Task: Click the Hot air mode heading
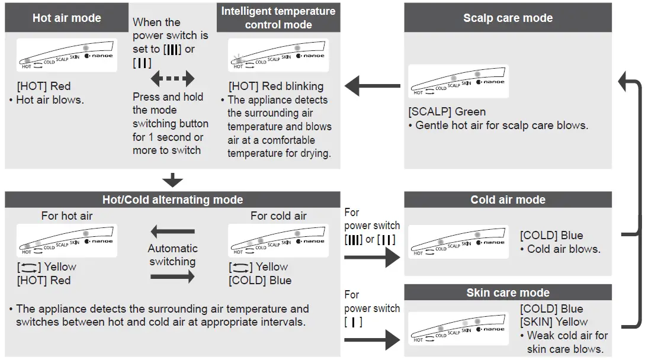tap(66, 18)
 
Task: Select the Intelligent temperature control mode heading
tap(278, 18)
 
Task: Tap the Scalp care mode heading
tap(508, 18)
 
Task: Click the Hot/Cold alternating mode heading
tap(172, 200)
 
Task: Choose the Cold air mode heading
tap(508, 200)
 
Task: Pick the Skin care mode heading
tap(508, 292)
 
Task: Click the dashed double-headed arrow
tap(172, 78)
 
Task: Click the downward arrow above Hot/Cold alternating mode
tap(172, 180)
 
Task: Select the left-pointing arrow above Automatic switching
tap(172, 232)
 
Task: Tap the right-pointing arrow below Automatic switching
tap(172, 276)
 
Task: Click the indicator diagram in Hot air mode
tap(66, 55)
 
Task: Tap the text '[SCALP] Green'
tap(447, 111)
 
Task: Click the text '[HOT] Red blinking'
tap(276, 86)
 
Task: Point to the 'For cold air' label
tap(278, 216)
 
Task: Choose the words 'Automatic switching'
tap(172, 255)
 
